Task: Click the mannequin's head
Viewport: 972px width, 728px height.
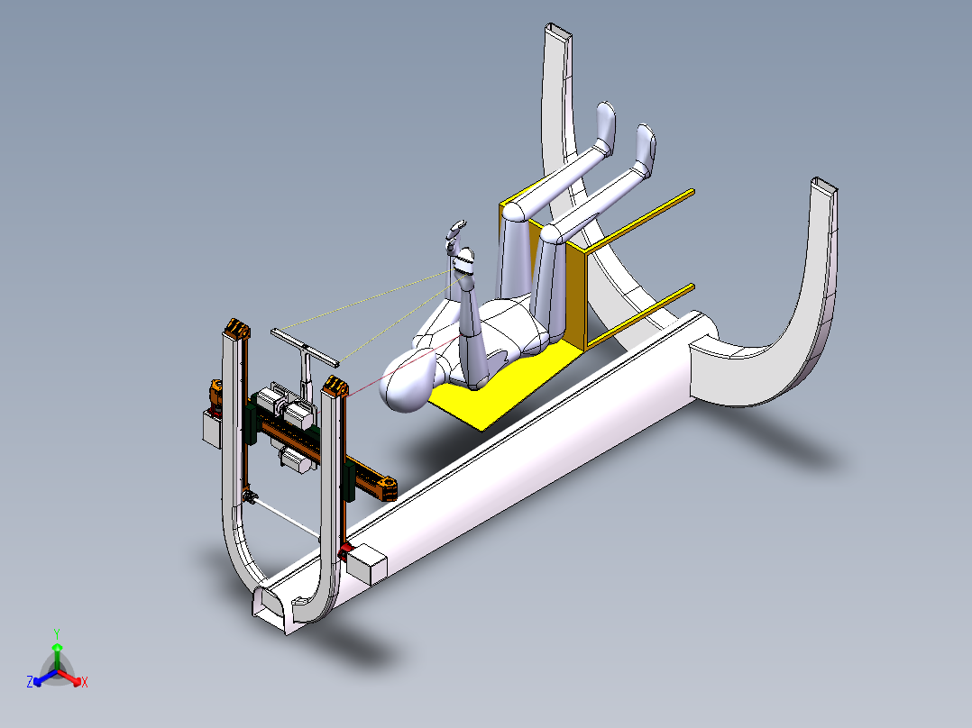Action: point(408,380)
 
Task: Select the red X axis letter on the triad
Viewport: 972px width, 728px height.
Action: point(85,683)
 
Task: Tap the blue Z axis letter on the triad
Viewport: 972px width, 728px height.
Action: point(30,682)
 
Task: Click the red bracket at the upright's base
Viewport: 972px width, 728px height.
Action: point(344,551)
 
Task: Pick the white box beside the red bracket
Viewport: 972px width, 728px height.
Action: point(367,564)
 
